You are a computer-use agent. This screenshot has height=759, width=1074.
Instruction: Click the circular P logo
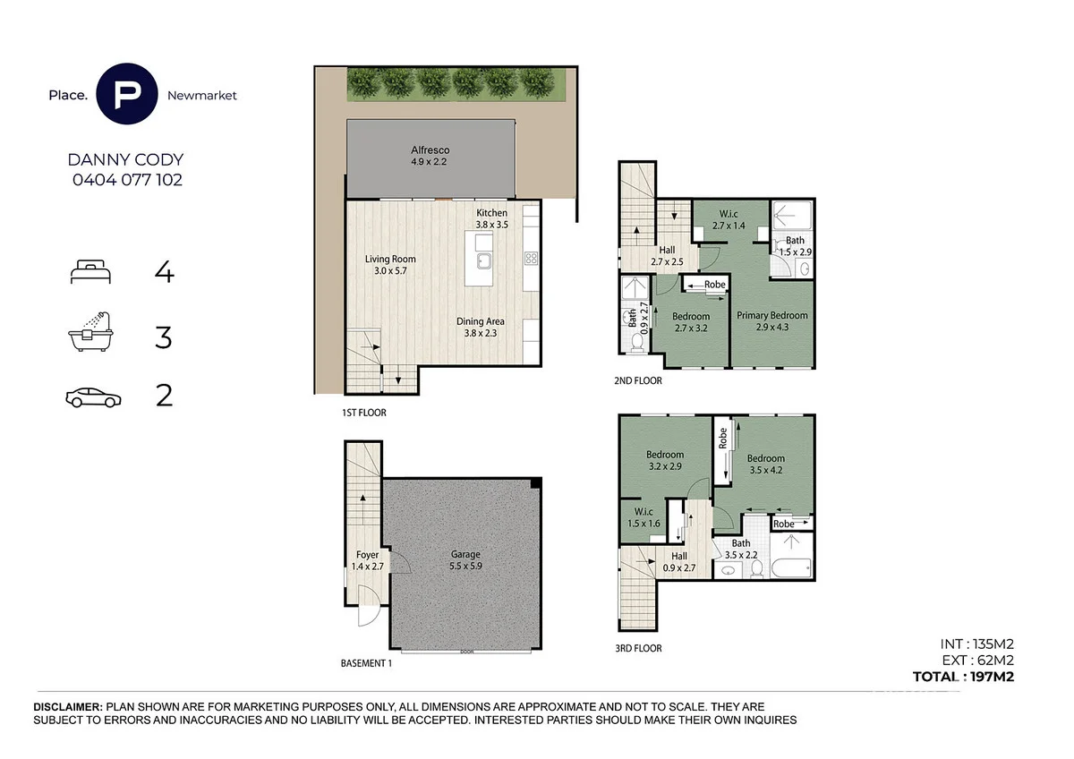click(126, 94)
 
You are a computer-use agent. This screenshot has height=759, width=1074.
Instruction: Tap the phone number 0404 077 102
click(126, 179)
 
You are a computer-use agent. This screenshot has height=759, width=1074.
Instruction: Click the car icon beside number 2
click(90, 397)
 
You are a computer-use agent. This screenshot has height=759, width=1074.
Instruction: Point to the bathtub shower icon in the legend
click(90, 333)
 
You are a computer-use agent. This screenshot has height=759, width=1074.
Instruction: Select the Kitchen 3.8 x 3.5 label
click(491, 219)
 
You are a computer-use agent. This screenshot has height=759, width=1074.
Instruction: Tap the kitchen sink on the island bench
click(484, 261)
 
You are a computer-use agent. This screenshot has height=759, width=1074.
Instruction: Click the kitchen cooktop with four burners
click(530, 259)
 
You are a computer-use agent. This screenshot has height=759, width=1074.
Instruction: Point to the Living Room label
click(390, 265)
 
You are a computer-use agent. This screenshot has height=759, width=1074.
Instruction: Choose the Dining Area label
click(481, 327)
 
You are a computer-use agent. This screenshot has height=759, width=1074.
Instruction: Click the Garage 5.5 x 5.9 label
click(465, 560)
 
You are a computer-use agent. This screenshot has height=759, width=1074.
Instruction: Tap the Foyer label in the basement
click(367, 560)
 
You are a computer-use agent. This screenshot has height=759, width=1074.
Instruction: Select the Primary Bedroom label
click(771, 320)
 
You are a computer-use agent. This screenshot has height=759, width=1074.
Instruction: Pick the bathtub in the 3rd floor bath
click(792, 567)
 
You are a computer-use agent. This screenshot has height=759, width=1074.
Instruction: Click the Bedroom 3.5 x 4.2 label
click(766, 464)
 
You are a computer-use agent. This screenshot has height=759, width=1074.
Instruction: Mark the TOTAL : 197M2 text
click(962, 678)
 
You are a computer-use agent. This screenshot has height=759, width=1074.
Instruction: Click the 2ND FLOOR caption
click(639, 380)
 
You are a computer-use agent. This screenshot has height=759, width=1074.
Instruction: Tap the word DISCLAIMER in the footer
click(68, 707)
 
